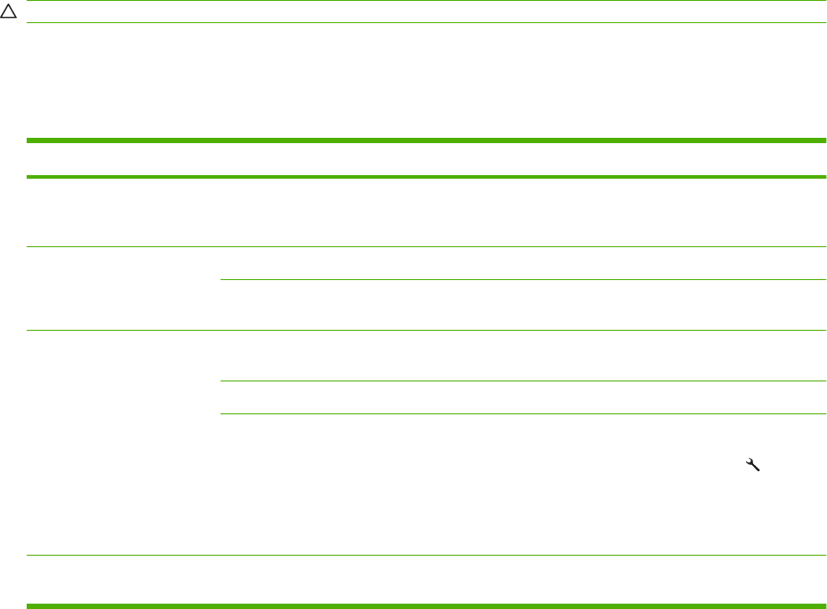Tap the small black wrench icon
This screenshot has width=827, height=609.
tap(751, 463)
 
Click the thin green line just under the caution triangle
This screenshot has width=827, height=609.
tap(425, 23)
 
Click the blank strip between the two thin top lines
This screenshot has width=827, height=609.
tap(425, 12)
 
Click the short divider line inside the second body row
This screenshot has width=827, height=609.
tap(523, 280)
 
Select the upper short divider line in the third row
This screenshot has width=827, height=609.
tap(523, 381)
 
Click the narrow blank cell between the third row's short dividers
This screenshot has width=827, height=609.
tap(523, 397)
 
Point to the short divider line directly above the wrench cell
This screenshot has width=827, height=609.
tap(523, 413)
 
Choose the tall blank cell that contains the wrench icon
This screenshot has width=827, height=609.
tap(523, 485)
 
